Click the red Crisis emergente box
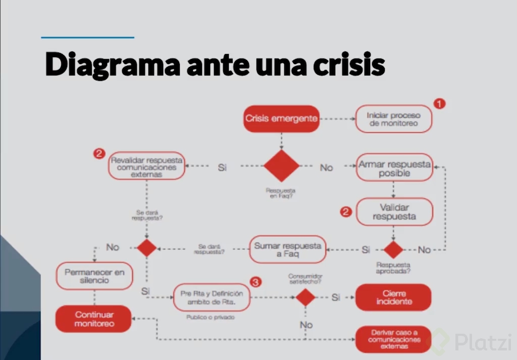(x=282, y=119)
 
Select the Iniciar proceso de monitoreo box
(x=393, y=119)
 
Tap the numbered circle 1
(x=440, y=104)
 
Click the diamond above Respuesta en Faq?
(x=281, y=166)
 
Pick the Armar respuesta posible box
(x=394, y=168)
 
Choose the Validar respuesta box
(x=394, y=212)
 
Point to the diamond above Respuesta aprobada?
(x=393, y=249)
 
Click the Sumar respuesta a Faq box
(x=287, y=249)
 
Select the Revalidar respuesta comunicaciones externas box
(x=146, y=166)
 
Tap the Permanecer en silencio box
(x=94, y=276)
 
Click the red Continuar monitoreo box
(x=94, y=319)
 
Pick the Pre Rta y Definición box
(x=212, y=297)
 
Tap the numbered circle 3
(x=256, y=282)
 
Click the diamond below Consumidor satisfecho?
(x=305, y=297)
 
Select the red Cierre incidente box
(x=393, y=297)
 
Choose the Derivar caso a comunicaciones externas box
(x=393, y=340)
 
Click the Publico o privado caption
(x=211, y=318)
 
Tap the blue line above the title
(x=87, y=37)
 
